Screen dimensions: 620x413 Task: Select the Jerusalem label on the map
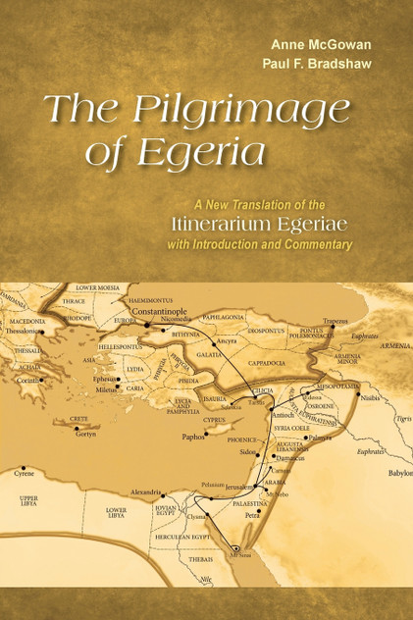click(243, 488)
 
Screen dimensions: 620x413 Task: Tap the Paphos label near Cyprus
click(193, 435)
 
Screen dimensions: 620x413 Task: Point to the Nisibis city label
click(367, 398)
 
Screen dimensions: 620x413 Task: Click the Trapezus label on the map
click(336, 320)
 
